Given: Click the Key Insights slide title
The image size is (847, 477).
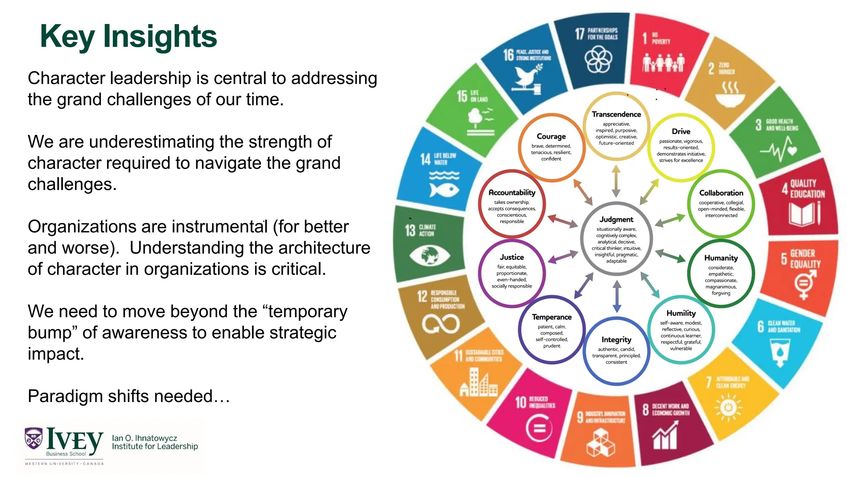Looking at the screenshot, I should [128, 36].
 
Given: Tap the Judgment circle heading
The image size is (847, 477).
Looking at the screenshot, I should [616, 219].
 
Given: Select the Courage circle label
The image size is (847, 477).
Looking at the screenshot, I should [551, 136].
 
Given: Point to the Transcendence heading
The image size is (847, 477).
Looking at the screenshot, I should [616, 114].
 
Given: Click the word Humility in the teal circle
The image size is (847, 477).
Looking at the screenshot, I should [681, 313].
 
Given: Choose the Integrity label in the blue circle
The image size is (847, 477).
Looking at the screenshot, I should [616, 340].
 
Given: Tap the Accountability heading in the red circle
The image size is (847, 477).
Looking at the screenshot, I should [512, 193].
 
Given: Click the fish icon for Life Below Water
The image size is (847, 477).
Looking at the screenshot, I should [444, 190].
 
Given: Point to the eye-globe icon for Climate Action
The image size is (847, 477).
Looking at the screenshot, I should [429, 255].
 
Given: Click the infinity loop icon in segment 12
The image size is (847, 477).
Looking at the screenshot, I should [440, 324].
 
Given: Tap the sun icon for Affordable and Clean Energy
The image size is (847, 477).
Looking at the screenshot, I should [728, 408].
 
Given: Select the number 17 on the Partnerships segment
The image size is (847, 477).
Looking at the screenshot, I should [579, 34].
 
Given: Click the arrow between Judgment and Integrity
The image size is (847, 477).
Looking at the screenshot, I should [617, 296].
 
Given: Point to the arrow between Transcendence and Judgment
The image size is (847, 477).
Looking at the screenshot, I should [616, 181].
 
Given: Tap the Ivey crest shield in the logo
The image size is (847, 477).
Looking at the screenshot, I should [33, 438].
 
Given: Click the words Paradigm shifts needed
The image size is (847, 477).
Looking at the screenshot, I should [129, 396].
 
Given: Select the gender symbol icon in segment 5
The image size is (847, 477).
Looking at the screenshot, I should [805, 284].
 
